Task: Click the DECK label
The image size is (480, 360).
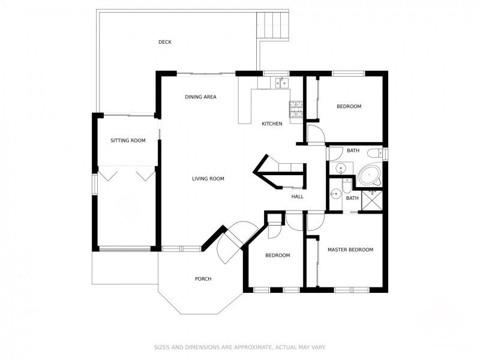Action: coord(165,42)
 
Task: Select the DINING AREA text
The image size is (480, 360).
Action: coord(200,97)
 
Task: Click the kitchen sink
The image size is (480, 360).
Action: coord(281,83)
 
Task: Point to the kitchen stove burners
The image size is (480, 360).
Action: coord(296,109)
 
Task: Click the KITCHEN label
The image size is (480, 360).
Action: coord(272,124)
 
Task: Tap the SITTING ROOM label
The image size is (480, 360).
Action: coord(128,141)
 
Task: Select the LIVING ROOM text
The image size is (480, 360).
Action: coord(208,179)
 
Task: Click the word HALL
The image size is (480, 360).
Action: coord(298,196)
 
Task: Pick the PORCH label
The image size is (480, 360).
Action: coord(203,278)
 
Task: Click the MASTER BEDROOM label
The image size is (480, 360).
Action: coord(350,250)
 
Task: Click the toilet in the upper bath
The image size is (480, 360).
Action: coord(374,154)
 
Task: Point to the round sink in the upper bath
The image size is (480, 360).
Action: coord(340,168)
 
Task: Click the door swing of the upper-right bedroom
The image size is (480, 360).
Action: coord(315,134)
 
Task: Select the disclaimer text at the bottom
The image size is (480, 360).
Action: coord(240,347)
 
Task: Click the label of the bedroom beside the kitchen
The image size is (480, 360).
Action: coord(349,106)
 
